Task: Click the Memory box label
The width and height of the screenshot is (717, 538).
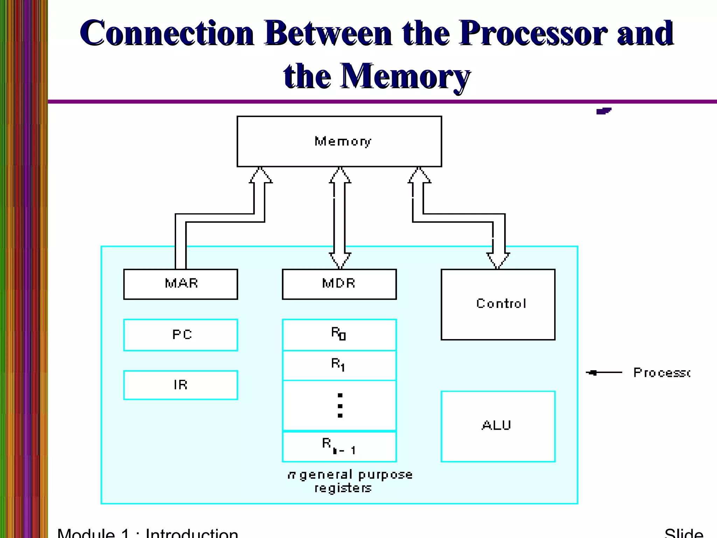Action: coord(342,141)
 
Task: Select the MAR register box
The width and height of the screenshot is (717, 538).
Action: coord(181,284)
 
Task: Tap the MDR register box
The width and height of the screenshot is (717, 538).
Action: coord(339,284)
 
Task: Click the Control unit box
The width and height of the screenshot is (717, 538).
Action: coord(498,304)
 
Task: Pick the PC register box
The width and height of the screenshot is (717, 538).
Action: coord(181,335)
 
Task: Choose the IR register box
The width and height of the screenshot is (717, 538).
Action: coord(181,385)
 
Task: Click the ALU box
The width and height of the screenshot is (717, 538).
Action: coord(498,426)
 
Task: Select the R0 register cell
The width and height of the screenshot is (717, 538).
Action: coord(339,334)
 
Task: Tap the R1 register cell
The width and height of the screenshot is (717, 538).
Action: coord(339,365)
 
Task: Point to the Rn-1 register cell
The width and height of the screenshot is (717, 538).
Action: coord(339,447)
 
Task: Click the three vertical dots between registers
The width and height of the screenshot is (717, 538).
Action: coord(340,406)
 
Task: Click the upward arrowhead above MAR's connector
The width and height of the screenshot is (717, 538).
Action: coord(260,175)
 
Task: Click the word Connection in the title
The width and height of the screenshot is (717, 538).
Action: coord(167,33)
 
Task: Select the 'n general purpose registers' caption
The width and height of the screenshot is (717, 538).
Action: coord(349,481)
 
